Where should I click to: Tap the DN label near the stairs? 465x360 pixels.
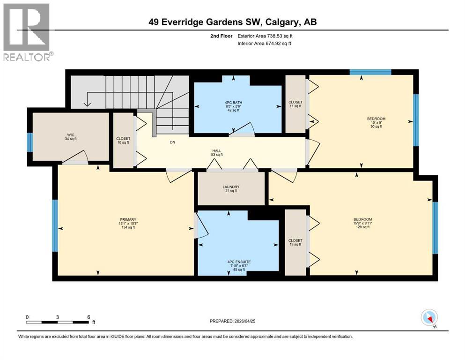point(173,142)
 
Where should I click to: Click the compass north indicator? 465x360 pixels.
point(429,318)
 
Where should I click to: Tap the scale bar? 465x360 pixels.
point(57,322)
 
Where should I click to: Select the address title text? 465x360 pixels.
point(232,22)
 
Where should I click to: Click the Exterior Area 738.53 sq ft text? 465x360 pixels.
point(265,36)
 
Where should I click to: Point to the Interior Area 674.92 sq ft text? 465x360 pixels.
point(264,43)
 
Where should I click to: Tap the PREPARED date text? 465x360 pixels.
point(232,321)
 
